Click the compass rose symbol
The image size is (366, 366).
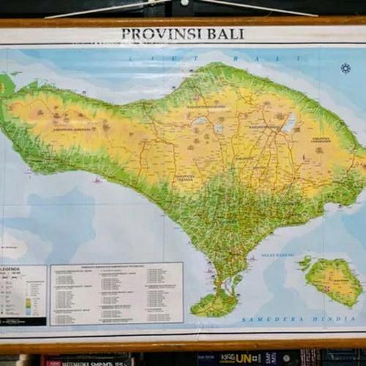346,69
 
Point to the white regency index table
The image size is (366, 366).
116,294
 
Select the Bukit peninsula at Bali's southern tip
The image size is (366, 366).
214,303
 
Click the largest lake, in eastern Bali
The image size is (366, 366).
290,122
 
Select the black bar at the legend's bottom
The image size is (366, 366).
23,321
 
